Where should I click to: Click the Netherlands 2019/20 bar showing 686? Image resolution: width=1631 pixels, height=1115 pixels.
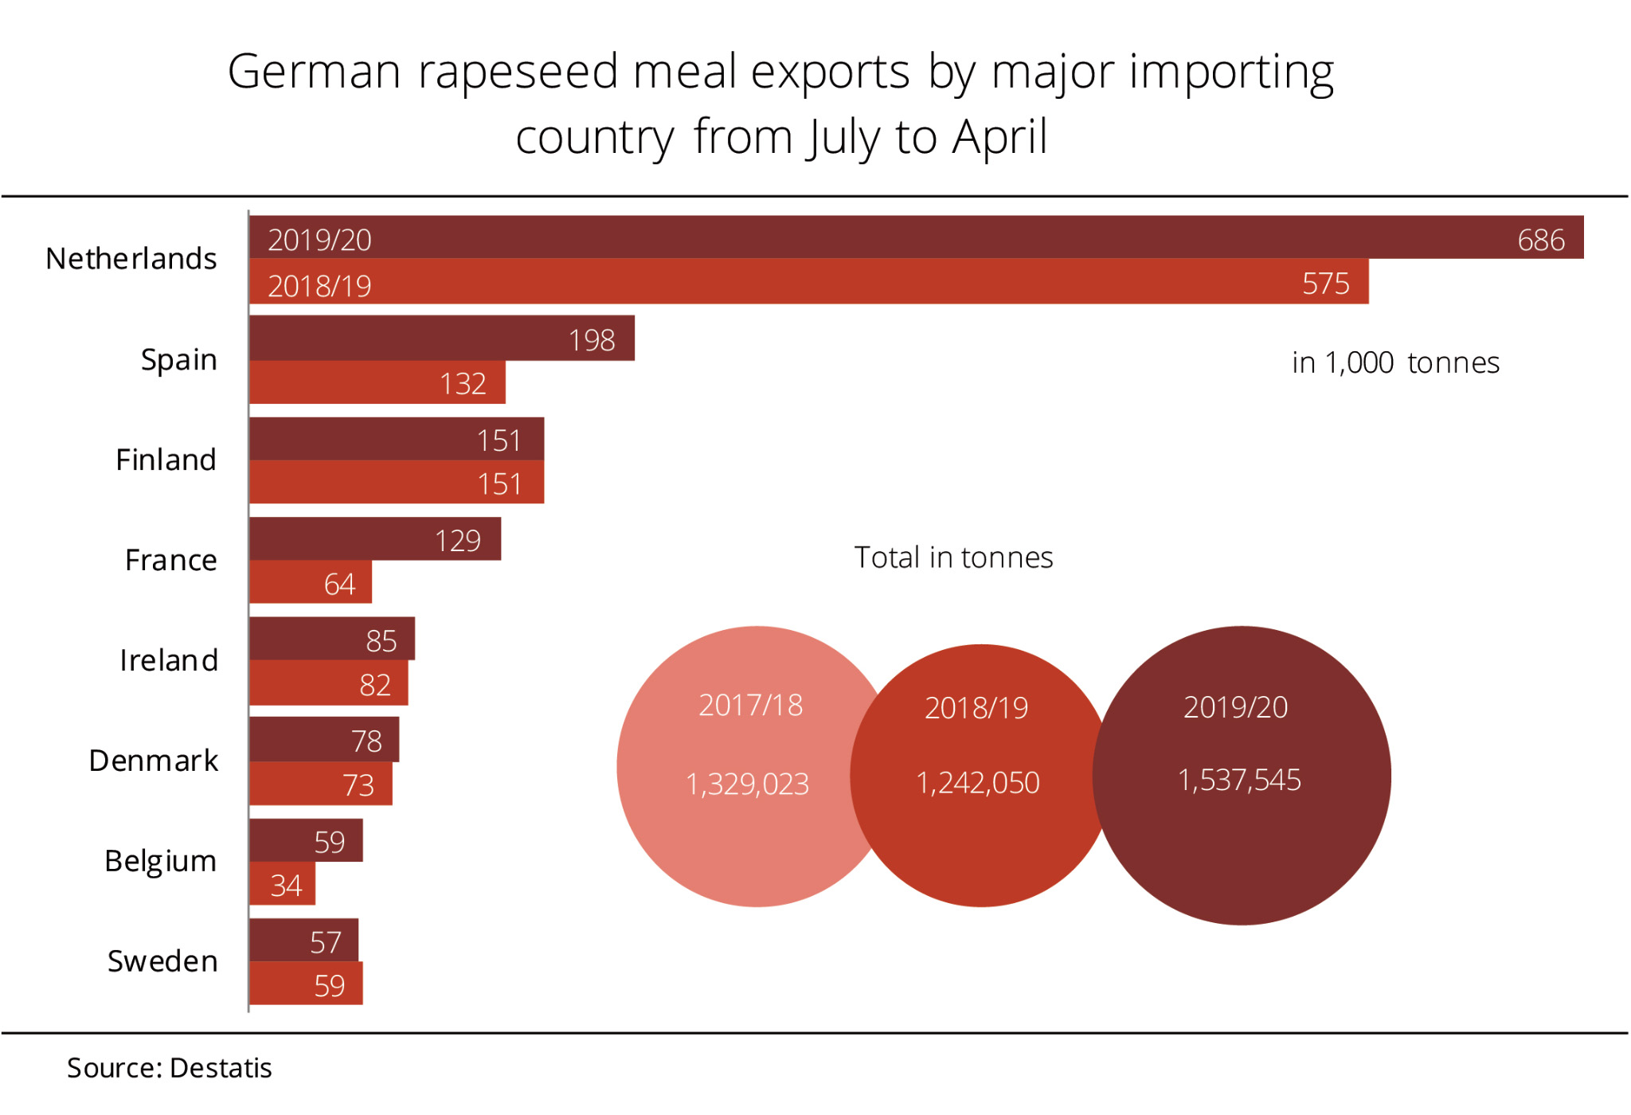916,237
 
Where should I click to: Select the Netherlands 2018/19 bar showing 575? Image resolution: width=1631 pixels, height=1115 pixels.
808,282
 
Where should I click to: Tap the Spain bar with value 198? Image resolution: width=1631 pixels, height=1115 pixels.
442,338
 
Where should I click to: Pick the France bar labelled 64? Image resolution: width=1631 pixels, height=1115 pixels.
311,582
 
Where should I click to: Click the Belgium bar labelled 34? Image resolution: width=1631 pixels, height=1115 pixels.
282,884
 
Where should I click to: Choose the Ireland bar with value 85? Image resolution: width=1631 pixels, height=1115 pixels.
332,639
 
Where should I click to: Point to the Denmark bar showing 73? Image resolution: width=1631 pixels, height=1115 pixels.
321,784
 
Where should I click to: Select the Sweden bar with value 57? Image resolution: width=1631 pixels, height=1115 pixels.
303,941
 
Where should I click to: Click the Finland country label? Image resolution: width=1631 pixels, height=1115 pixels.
166,460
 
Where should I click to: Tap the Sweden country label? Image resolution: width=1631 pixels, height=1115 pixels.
162,961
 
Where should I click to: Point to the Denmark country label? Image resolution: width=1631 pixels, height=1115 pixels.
154,761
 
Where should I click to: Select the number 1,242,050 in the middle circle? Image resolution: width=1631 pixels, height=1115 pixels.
978,783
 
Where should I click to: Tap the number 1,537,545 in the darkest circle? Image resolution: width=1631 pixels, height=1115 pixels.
1239,780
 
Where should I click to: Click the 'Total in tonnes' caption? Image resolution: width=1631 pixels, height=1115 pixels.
953,557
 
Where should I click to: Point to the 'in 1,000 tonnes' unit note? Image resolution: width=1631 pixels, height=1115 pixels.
1395,362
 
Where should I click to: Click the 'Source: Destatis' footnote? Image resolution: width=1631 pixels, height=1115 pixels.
170,1068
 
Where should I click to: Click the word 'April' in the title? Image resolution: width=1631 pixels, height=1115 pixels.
1000,137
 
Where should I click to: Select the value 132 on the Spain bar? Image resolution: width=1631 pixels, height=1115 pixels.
463,384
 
